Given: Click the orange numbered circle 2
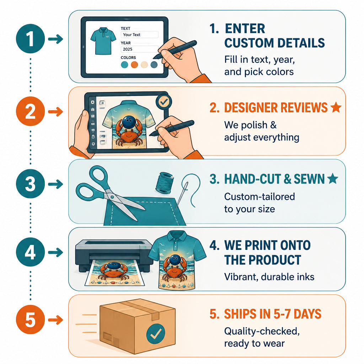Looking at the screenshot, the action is pyautogui.click(x=31, y=111).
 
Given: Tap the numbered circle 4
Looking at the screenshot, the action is pyautogui.click(x=31, y=252).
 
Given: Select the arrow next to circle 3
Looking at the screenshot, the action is pyautogui.click(x=55, y=184).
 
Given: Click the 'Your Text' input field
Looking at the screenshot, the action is pyautogui.click(x=139, y=34).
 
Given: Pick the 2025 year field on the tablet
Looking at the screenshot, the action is pyautogui.click(x=139, y=49).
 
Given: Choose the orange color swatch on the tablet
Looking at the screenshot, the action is pyautogui.click(x=134, y=65).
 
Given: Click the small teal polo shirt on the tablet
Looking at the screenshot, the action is pyautogui.click(x=103, y=41).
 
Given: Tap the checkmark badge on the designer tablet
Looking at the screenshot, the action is pyautogui.click(x=164, y=102).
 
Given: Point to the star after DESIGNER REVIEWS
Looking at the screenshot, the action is pyautogui.click(x=336, y=107).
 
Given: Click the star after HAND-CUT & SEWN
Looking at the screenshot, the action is pyautogui.click(x=333, y=178).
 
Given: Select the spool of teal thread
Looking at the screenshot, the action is pyautogui.click(x=165, y=183).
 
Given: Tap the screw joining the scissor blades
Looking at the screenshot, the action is pyautogui.click(x=112, y=197).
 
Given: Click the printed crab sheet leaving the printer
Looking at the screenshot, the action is pyautogui.click(x=114, y=273).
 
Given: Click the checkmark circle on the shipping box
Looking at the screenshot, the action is pyautogui.click(x=156, y=333).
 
